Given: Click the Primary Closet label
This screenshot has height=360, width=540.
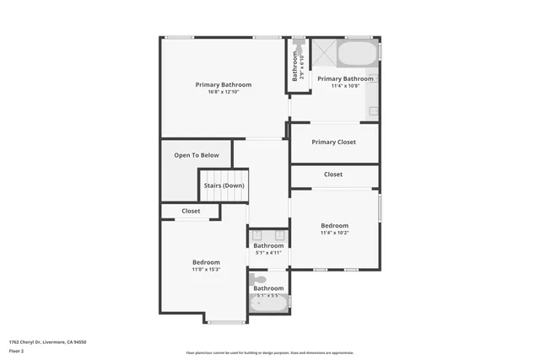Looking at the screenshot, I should coord(334,142).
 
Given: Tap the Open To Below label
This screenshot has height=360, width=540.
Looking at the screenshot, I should coord(197,155).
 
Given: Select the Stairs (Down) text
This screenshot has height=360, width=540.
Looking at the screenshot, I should coord(224,185).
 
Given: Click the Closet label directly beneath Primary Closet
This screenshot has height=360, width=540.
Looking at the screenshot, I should coord(333,175).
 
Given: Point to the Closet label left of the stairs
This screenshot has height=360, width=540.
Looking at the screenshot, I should coord(191,211).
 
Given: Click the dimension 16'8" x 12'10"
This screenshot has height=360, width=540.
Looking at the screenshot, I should coord(224,92).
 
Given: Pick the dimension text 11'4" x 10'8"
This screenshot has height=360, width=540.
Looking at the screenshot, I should coord(345,85).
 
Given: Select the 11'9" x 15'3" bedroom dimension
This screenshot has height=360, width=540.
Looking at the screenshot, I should coord(206,270).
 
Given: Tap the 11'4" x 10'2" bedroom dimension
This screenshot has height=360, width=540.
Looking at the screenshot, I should coord(334,233).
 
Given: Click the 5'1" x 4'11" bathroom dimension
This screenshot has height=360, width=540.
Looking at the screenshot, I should coord(268,253).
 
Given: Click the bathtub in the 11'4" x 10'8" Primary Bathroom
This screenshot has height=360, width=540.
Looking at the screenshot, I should coord(358,54).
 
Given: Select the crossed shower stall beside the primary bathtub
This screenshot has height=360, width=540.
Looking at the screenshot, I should coord(323,55).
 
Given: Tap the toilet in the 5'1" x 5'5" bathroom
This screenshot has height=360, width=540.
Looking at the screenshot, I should coord(258,279).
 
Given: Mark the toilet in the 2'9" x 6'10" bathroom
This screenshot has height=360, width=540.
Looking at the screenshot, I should coord(298,40).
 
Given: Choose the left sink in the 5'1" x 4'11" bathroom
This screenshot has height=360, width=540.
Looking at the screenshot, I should coord(258,235).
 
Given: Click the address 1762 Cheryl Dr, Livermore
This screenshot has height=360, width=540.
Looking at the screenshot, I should coord(47,341).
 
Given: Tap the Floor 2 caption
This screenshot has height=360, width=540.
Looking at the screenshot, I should coord(17,352).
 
